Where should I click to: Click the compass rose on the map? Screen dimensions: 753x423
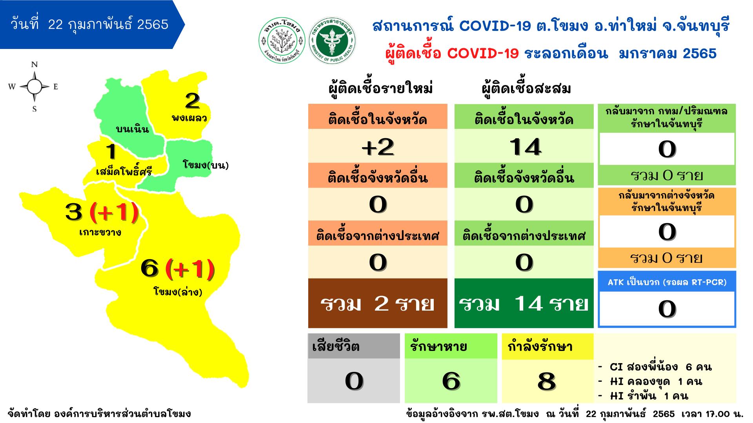[34, 87]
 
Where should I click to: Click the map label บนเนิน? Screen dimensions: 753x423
[133, 129]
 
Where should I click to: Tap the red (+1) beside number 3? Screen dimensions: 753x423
[114, 211]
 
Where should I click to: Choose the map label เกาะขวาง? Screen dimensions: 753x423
[100, 232]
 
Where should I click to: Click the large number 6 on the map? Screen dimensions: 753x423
[149, 269]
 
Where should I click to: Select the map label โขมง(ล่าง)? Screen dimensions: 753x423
[178, 291]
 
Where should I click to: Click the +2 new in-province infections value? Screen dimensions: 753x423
[378, 147]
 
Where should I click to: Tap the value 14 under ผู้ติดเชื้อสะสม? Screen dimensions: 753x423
[525, 147]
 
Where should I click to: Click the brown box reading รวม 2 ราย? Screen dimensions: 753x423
[378, 303]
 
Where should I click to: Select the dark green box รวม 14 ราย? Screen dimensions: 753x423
[524, 303]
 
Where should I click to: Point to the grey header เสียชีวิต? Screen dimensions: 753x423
[354, 346]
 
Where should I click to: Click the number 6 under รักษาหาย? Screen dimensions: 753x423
[451, 381]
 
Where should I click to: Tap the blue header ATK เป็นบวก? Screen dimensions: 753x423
[667, 282]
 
